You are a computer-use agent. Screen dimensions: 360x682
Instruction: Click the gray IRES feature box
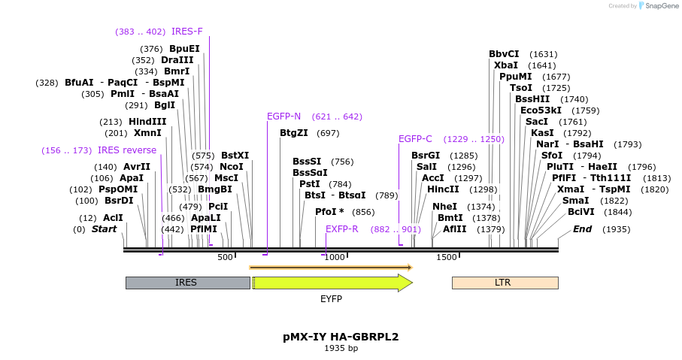point(187,283)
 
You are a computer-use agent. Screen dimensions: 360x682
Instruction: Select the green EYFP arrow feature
point(331,283)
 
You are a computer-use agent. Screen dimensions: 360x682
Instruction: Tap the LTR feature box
point(505,283)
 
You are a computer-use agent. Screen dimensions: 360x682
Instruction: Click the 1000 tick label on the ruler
point(335,257)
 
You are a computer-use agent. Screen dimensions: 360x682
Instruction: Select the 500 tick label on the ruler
point(226,257)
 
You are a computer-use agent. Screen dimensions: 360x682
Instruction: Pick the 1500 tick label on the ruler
point(447,257)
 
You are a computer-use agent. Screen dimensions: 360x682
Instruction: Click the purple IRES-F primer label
point(186,32)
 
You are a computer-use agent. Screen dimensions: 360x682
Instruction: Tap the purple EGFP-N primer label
point(283,116)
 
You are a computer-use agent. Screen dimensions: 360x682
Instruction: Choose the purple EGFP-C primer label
point(415,139)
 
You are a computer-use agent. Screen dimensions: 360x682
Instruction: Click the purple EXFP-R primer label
point(342,229)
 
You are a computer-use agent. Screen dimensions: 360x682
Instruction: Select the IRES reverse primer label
point(127,150)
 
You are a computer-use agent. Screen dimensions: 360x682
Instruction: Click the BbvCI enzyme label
point(504,54)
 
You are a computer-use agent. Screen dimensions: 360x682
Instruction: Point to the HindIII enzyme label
point(147,122)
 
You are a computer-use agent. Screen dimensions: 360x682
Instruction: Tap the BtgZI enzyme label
point(294,133)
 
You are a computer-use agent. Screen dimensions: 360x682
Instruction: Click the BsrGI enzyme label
point(426,156)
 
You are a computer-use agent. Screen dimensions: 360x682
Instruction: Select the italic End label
point(583,229)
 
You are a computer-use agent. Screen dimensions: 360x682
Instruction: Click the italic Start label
point(105,229)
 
